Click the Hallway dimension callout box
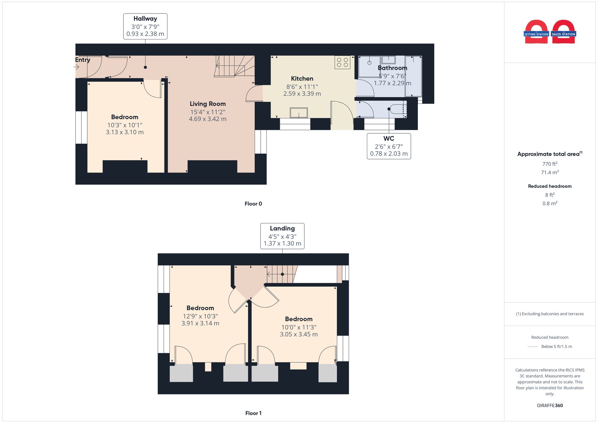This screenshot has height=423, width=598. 145,26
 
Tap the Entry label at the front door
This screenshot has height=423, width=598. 83,60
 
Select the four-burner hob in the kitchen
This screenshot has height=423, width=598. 342,62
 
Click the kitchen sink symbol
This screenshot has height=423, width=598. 299,113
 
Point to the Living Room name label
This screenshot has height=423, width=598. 208,104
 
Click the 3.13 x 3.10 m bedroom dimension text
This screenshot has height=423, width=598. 125,132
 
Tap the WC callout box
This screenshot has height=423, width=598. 389,146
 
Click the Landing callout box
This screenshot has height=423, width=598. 282,236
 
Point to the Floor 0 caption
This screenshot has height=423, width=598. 253,204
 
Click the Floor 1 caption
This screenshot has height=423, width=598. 253,413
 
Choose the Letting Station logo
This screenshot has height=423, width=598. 536,32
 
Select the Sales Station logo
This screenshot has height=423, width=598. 564,32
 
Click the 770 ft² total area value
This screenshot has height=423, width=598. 550,164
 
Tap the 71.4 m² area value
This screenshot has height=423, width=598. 550,172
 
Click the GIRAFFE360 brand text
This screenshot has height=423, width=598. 550,405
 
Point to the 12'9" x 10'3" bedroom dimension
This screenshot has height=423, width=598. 200,316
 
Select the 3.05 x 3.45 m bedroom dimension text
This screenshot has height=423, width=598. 299,335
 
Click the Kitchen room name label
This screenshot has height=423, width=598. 302,79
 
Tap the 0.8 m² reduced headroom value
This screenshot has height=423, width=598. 550,204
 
